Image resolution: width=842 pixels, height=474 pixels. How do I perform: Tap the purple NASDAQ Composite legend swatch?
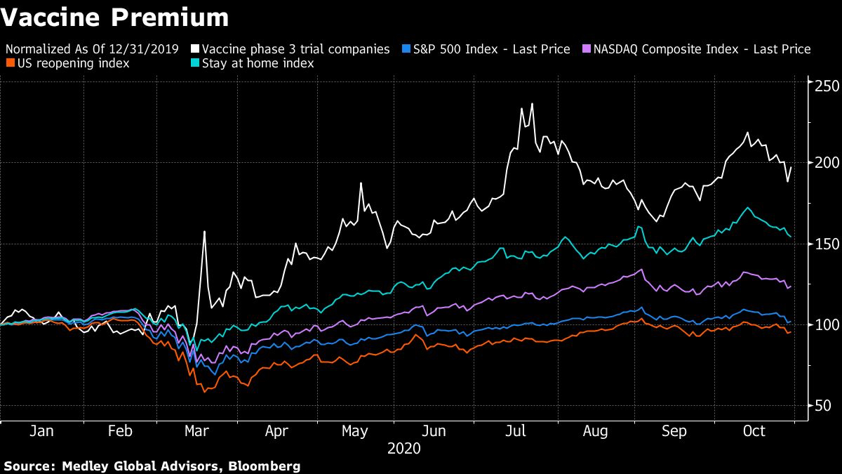[586, 49]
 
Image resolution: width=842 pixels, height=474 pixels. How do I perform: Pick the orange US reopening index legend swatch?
[8, 63]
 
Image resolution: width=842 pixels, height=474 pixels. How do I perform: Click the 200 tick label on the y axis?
[822, 162]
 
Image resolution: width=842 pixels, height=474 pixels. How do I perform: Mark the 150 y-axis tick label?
[822, 243]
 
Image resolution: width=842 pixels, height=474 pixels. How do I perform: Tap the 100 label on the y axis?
[822, 324]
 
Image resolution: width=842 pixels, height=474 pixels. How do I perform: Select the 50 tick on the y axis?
[818, 405]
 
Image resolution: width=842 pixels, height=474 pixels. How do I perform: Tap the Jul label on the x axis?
[516, 431]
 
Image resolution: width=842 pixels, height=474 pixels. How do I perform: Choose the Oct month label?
[754, 431]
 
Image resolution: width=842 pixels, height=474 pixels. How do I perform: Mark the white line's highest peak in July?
[532, 104]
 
